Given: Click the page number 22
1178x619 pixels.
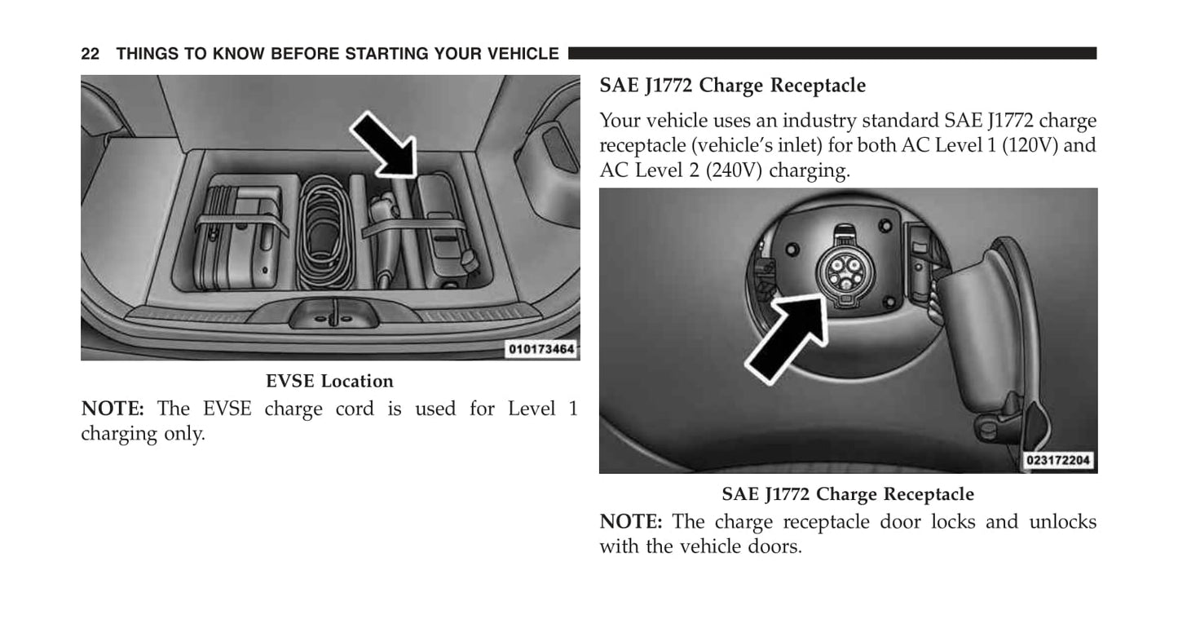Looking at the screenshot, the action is [90, 54].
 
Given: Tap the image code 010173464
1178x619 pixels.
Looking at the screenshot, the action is [541, 349].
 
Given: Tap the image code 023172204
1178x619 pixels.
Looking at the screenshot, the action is [1058, 461].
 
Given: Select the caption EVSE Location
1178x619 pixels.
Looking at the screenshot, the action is [329, 381].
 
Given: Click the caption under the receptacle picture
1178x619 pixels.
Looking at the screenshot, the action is [848, 494].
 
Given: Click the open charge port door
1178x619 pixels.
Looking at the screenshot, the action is [983, 337].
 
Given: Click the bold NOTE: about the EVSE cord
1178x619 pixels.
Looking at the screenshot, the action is [113, 409].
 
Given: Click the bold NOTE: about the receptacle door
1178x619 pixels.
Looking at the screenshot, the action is [631, 522].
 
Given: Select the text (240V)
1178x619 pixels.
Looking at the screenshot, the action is [734, 170].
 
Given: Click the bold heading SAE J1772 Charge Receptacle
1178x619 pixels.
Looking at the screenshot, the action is [733, 85].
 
